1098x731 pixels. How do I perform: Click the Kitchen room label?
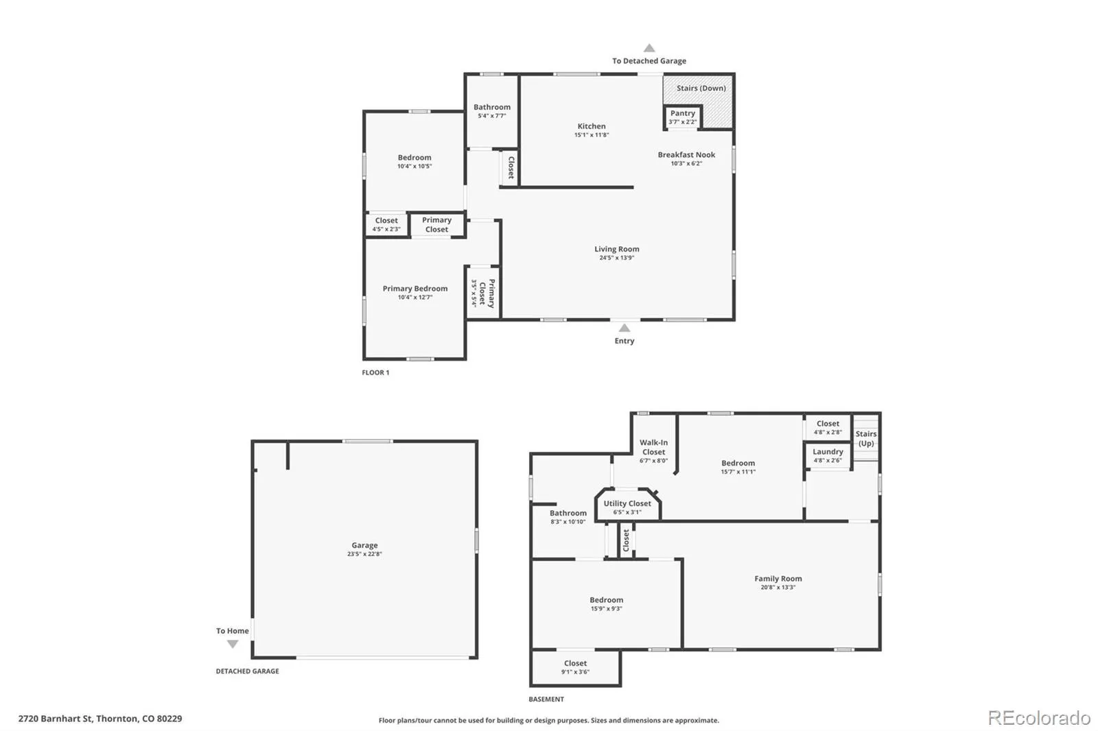591,126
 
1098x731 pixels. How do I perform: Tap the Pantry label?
682,113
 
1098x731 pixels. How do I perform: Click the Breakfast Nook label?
686,155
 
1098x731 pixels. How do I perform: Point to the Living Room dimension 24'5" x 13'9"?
616,258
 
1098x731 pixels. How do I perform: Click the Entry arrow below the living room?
624,328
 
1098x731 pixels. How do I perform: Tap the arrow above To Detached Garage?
649,48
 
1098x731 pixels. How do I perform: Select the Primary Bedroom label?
414,289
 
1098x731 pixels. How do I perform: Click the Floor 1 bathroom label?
492,107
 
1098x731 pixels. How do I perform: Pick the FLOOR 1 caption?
375,372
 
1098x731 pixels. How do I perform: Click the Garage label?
364,545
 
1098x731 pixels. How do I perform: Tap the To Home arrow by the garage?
233,644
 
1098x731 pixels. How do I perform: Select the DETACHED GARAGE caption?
247,671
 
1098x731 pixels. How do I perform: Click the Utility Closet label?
627,503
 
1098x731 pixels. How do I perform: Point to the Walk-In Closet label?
653,447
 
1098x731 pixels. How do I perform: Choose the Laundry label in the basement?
828,452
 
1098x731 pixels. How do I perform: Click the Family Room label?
778,579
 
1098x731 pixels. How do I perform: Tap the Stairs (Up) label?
866,438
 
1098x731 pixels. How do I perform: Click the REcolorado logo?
1039,718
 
